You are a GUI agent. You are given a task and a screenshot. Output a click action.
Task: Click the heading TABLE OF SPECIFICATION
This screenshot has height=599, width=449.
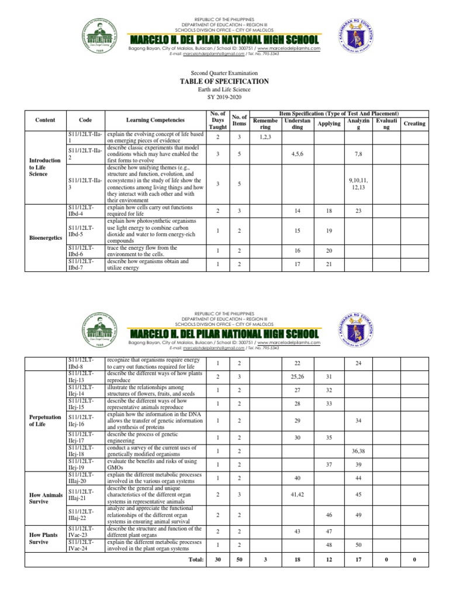coord(225,81)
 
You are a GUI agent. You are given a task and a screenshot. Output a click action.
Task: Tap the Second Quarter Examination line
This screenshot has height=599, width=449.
coord(225,73)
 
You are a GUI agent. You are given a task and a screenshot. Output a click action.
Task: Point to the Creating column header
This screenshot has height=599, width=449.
coord(415,123)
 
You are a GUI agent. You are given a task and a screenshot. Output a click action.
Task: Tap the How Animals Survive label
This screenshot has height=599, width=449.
coord(46,498)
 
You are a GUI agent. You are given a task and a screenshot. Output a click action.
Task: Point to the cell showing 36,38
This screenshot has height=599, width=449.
coord(358,451)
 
